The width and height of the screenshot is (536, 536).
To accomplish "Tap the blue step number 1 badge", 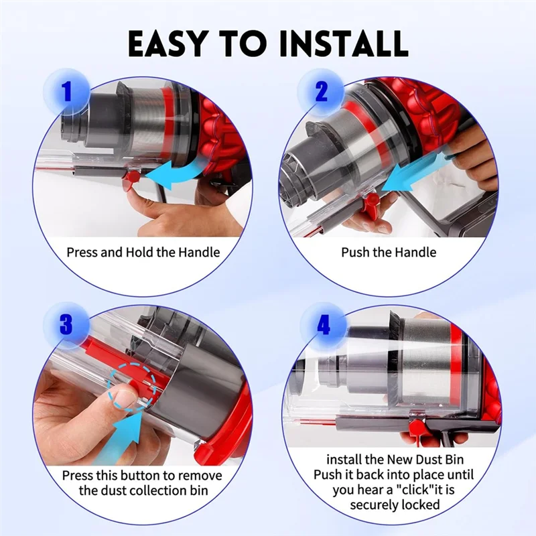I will click(66, 92).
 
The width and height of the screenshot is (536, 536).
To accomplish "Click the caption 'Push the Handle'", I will click(388, 253).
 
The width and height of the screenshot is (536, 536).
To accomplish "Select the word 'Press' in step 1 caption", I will click(82, 253).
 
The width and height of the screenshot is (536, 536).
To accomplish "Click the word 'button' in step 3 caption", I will click(141, 475).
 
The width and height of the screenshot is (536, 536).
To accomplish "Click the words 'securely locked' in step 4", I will click(394, 505).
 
